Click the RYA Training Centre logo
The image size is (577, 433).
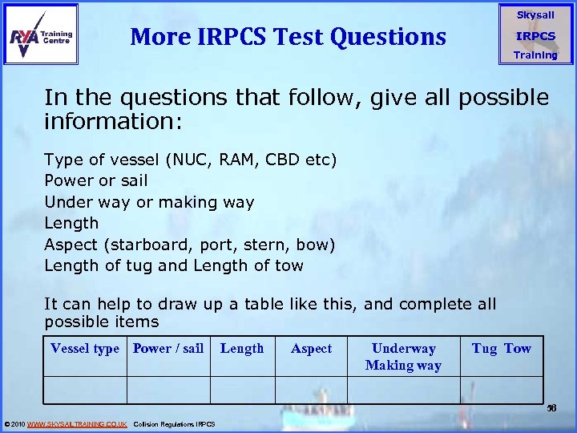pyautogui.click(x=42, y=34)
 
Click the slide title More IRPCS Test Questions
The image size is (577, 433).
pyautogui.click(x=288, y=36)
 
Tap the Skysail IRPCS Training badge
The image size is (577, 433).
pyautogui.click(x=535, y=35)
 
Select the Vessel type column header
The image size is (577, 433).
pyautogui.click(x=84, y=348)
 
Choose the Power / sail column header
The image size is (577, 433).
pyautogui.click(x=168, y=348)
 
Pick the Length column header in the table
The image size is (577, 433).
pyautogui.click(x=242, y=348)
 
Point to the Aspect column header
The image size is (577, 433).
pyautogui.click(x=311, y=348)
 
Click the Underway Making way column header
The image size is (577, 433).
pyautogui.click(x=403, y=357)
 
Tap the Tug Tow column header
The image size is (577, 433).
pyautogui.click(x=502, y=348)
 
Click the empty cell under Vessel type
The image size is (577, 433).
pyautogui.click(x=84, y=390)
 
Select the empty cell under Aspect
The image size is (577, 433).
pyautogui.click(x=311, y=390)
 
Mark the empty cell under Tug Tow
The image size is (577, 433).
pyautogui.click(x=502, y=390)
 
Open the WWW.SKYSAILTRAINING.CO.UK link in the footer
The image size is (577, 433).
pyautogui.click(x=77, y=423)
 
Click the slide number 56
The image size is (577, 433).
pyautogui.click(x=551, y=408)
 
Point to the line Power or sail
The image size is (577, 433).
pyautogui.click(x=96, y=180)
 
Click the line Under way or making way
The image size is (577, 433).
pyautogui.click(x=149, y=202)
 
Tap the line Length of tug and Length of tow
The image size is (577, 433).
pyautogui.click(x=174, y=265)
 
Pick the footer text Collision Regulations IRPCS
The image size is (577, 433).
pyautogui.click(x=174, y=423)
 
